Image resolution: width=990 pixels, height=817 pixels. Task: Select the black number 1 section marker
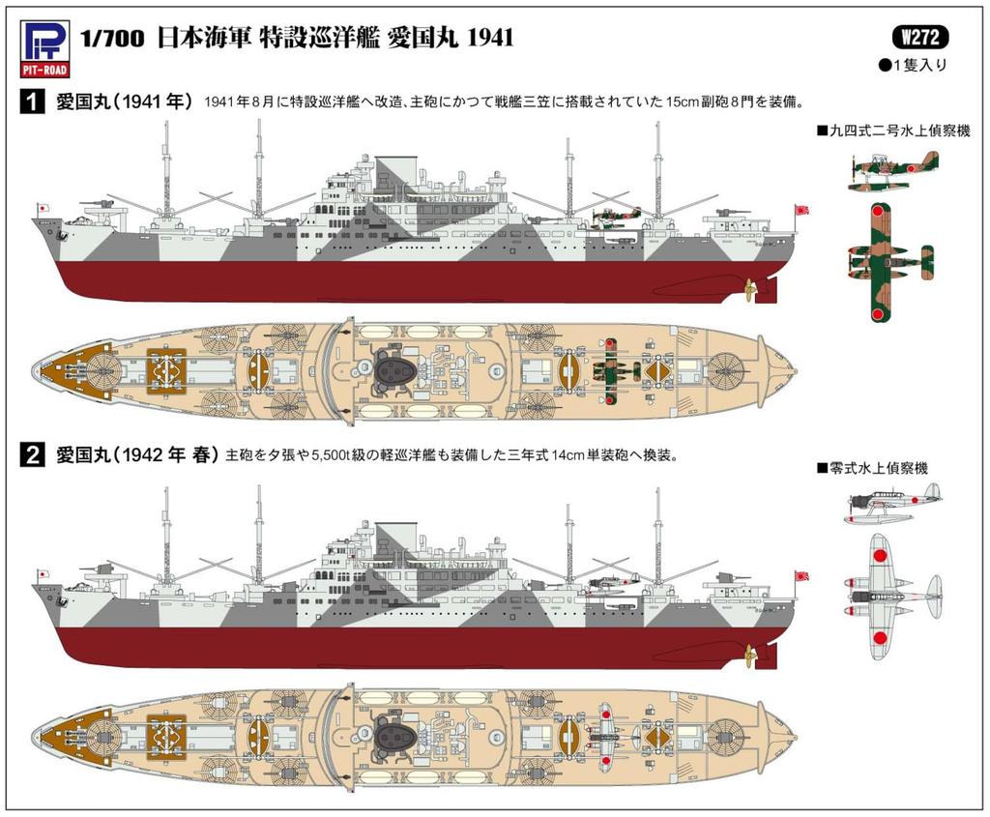click(x=33, y=102)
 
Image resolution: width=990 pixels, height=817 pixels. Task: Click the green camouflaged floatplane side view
click(x=891, y=170)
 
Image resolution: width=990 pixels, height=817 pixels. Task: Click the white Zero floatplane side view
click(x=891, y=503)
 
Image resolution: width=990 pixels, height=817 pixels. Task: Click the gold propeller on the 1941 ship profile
click(x=749, y=289)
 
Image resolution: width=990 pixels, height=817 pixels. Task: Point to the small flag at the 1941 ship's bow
click(x=42, y=209)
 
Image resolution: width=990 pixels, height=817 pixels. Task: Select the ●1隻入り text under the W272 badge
click(x=912, y=66)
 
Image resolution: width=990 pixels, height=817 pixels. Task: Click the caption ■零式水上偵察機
click(x=872, y=468)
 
